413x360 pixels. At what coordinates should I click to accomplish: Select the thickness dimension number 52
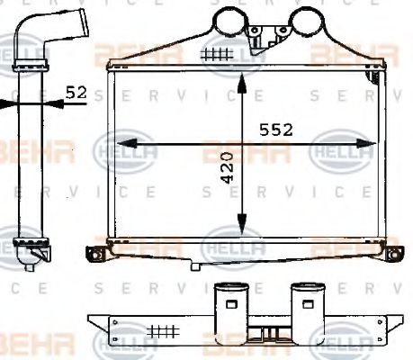[77, 91]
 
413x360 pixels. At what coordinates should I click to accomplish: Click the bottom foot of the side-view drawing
[33, 260]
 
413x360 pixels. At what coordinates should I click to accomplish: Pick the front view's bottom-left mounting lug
[94, 252]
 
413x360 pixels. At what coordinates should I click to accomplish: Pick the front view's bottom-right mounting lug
[392, 252]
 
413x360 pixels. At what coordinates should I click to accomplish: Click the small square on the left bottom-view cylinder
[230, 304]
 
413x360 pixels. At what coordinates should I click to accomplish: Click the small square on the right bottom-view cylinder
[305, 304]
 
